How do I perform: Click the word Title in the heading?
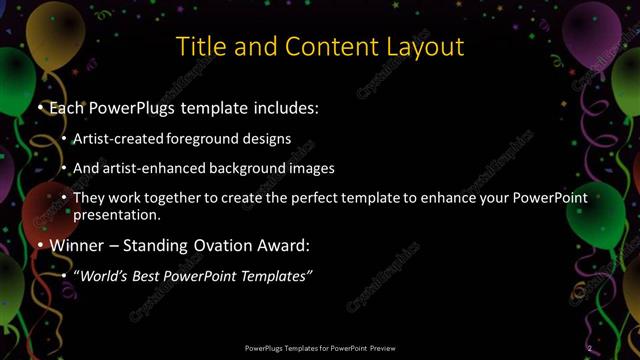[199, 46]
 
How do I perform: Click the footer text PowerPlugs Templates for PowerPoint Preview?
[320, 347]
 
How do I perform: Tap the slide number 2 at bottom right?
[590, 347]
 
